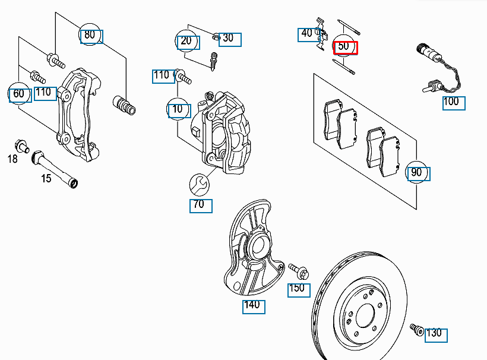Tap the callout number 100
(x=453, y=102)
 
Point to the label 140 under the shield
(x=253, y=306)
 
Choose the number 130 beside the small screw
(x=435, y=333)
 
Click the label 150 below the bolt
(x=298, y=289)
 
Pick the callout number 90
(x=417, y=173)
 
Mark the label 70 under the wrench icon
(x=200, y=205)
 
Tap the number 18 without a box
(x=13, y=159)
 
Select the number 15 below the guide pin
(x=46, y=178)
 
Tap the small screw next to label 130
(x=415, y=329)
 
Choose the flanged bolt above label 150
(x=298, y=271)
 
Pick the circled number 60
(x=19, y=94)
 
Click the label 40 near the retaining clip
(x=308, y=34)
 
